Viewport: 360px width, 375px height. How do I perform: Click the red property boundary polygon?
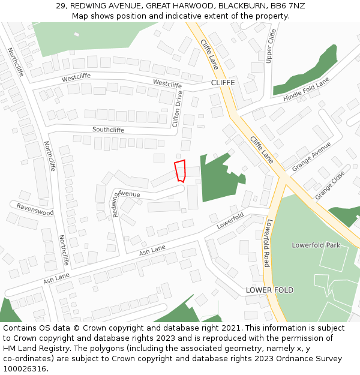180,170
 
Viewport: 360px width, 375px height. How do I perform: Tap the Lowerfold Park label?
316,245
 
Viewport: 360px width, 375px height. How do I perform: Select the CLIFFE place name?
223,82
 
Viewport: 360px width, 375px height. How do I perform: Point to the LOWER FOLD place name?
269,290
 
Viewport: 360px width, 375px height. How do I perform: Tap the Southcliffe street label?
108,130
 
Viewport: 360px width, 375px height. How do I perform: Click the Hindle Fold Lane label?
307,89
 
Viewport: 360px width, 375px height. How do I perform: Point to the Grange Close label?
330,185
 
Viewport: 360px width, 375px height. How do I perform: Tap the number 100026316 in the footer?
25,369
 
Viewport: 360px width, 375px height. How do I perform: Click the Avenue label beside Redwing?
128,194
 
